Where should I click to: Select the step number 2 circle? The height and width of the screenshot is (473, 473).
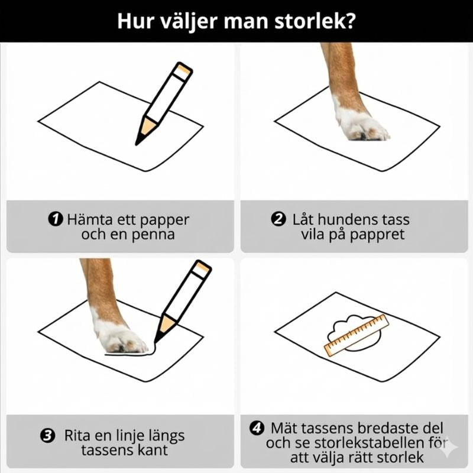(x=278, y=219)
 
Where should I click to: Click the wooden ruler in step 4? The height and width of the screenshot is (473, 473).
(x=357, y=335)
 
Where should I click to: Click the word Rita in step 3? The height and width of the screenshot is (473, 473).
(x=77, y=436)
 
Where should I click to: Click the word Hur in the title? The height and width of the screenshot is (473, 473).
(x=132, y=21)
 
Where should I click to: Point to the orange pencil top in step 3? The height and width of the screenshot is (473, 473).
(x=202, y=269)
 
